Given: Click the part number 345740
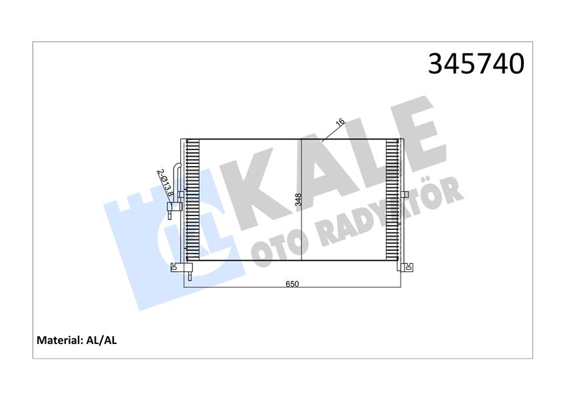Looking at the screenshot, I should tap(476, 63).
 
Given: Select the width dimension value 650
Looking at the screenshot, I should tap(292, 283).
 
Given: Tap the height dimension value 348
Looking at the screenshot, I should tap(298, 200).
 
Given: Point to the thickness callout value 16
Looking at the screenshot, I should tap(339, 122).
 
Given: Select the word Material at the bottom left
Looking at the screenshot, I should tap(59, 340).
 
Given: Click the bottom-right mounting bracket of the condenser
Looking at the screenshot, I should tap(407, 268).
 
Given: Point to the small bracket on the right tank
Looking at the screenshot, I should tap(404, 195).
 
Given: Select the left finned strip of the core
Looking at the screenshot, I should tap(193, 200).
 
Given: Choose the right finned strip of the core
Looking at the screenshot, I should tap(393, 200).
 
